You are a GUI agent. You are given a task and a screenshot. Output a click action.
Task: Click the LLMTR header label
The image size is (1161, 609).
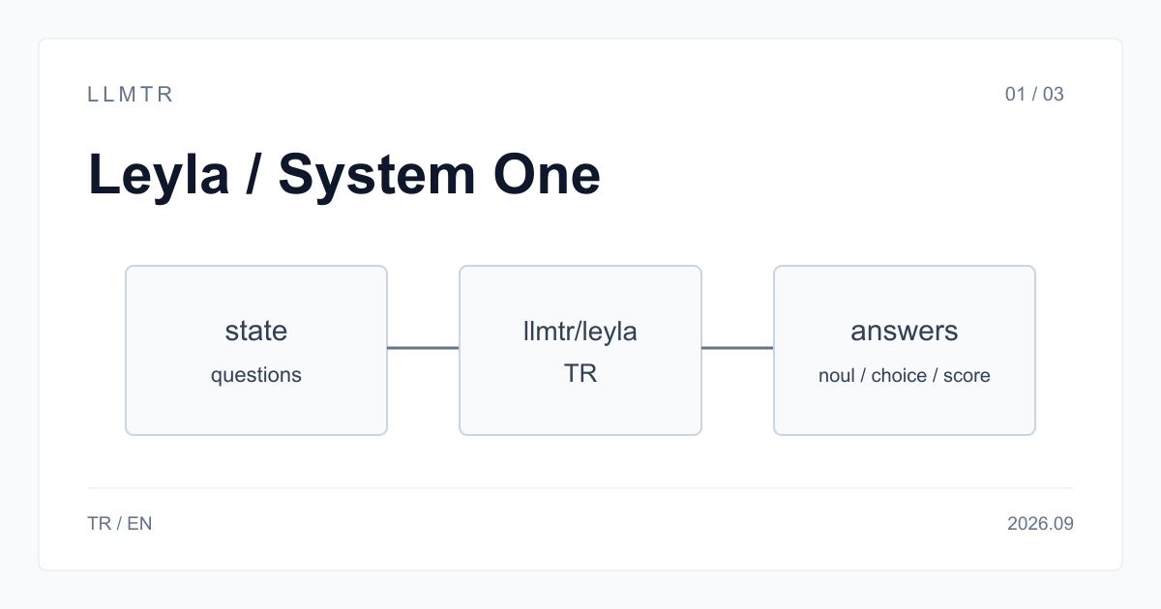130,95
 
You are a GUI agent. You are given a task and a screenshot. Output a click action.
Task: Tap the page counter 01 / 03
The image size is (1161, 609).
1034,95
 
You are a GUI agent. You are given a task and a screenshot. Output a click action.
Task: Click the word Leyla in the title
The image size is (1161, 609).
159,176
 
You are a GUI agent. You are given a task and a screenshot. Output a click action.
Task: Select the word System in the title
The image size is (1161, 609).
376,176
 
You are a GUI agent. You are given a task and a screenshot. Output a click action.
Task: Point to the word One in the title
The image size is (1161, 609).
547,175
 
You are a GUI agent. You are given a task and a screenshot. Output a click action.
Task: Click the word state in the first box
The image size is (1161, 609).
256,331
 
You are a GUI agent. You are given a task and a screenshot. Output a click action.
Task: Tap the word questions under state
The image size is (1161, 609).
256,375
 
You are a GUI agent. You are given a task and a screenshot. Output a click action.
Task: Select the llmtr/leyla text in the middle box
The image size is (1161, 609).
580,332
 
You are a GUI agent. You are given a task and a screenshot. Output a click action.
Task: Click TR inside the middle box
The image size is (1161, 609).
580,373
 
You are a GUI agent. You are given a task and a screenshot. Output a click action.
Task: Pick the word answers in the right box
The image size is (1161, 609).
905,331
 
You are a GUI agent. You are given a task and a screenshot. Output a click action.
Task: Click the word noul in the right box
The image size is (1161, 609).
837,375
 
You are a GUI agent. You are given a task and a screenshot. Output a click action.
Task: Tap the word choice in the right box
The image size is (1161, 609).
899,375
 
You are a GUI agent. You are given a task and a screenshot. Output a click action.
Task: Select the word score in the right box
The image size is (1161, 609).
967,376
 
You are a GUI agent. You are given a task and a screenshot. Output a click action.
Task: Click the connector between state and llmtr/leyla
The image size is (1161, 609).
423,348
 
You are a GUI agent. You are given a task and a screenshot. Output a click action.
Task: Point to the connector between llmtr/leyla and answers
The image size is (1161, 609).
737,348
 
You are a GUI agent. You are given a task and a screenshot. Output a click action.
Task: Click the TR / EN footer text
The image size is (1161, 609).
120,524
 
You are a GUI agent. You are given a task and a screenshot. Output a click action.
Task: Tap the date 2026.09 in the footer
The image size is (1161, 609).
1040,524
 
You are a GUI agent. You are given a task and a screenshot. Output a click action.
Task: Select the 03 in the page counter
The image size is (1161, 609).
1054,95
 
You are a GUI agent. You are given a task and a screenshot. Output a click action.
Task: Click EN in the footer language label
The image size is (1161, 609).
139,524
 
